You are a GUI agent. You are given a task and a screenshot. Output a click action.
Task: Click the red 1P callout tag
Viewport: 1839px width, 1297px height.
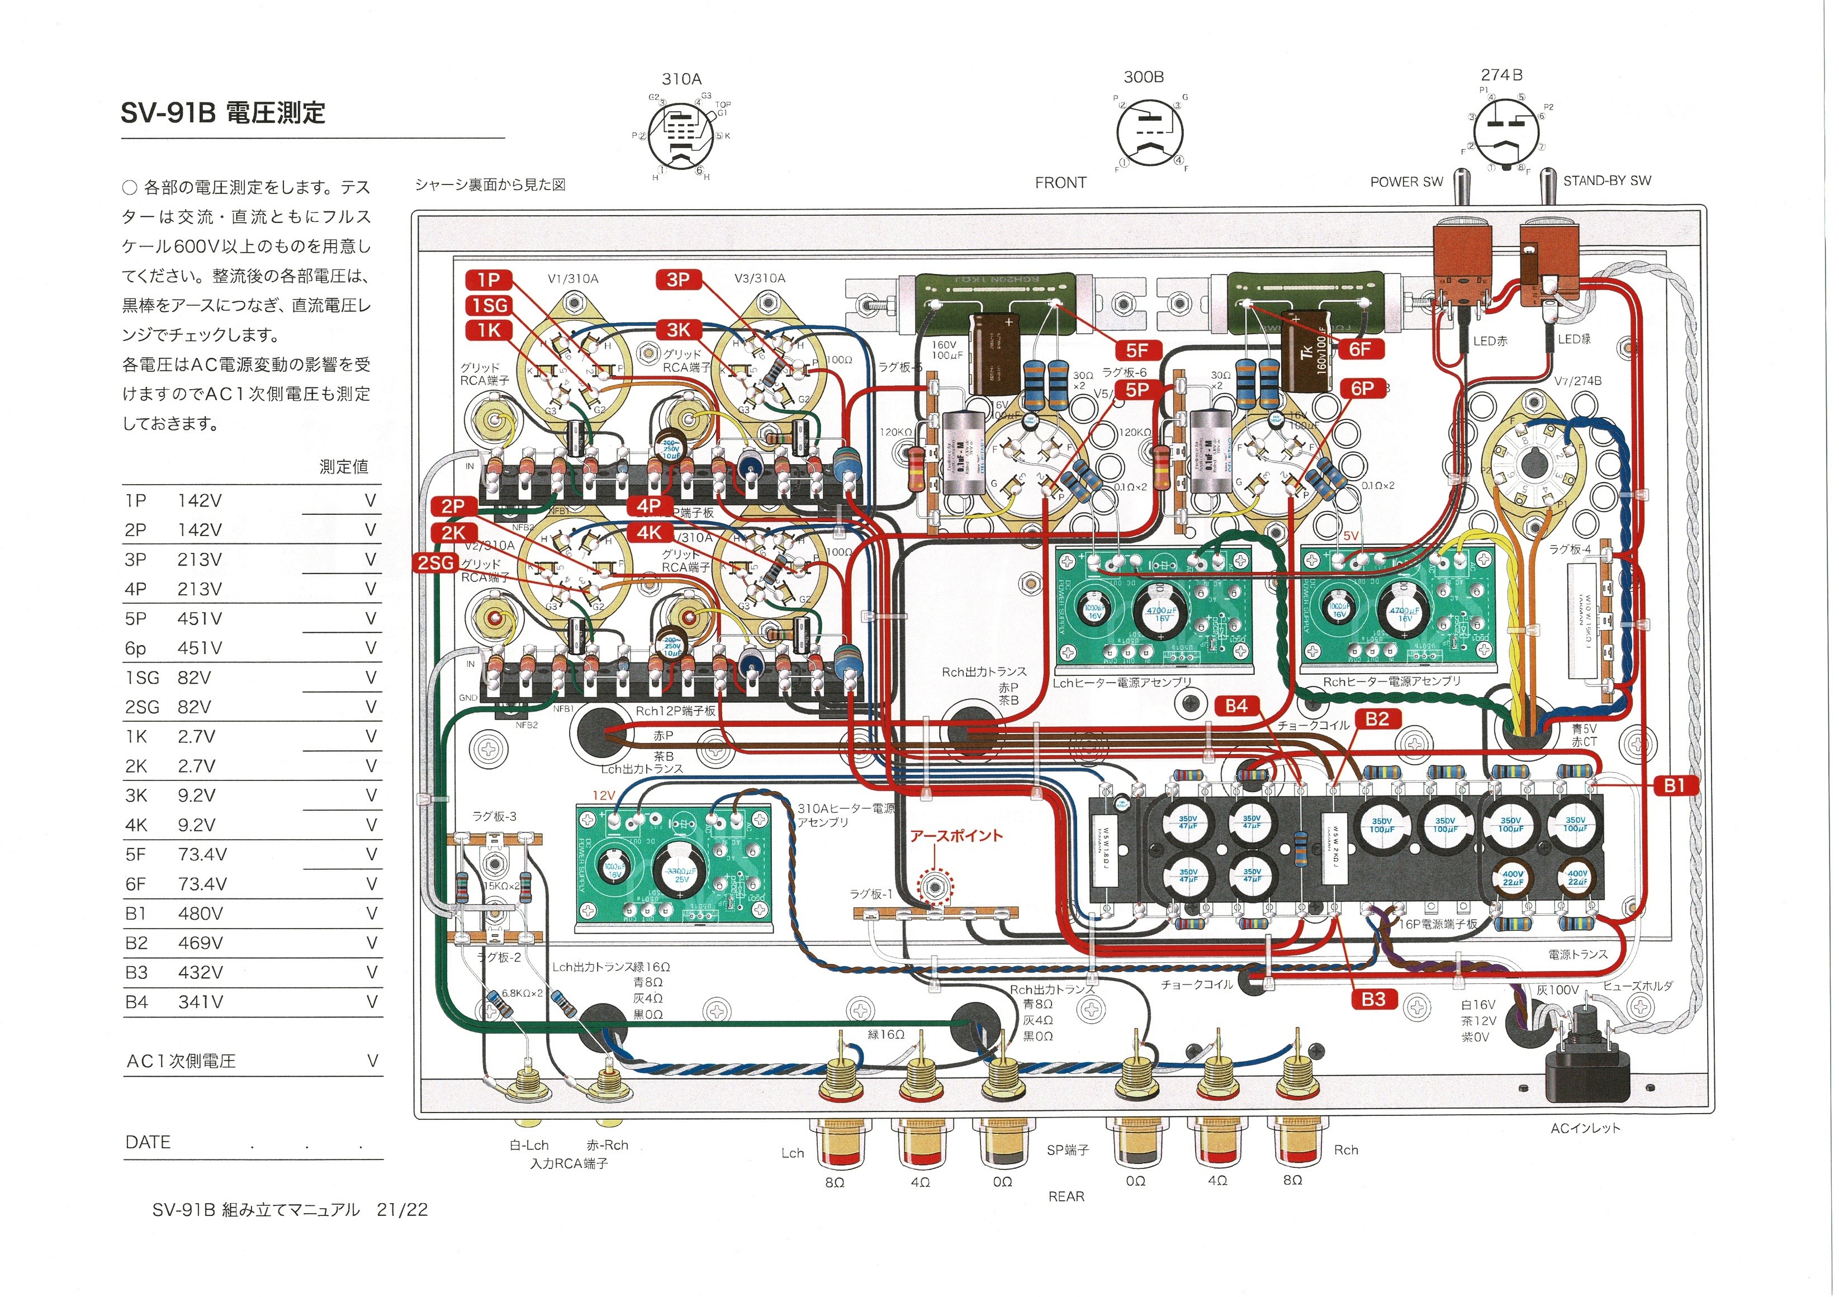489,280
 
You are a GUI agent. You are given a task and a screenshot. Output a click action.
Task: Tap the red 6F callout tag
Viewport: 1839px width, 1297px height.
1359,349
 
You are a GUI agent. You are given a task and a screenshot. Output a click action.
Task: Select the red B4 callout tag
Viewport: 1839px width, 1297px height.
1236,706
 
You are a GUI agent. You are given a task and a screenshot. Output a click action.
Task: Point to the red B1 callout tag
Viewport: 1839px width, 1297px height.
1674,786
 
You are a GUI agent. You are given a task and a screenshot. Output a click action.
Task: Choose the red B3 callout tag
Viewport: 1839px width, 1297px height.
1373,999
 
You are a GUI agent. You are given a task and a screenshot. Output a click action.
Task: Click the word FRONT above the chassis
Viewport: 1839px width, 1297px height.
1060,183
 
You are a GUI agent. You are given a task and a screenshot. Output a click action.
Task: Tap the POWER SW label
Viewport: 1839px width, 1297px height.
1406,182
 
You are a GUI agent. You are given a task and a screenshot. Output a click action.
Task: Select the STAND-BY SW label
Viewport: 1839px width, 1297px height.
1606,181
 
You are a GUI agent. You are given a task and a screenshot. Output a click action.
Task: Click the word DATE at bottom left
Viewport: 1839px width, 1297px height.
148,1142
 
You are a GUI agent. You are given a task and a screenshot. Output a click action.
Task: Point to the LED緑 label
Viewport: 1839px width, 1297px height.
1574,339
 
